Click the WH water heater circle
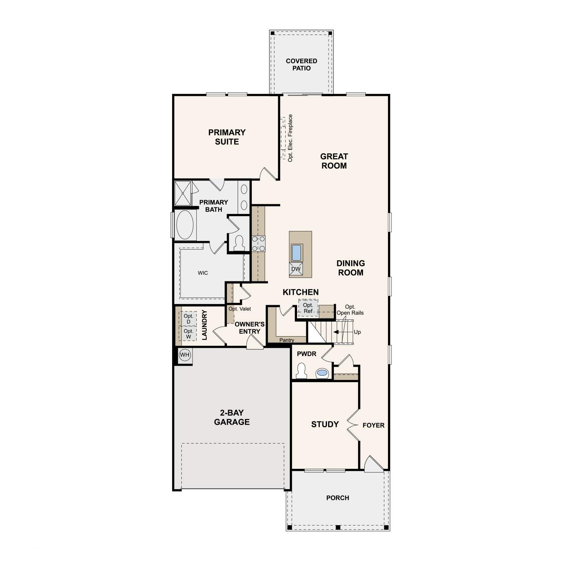[x=185, y=355]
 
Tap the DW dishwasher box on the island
[x=296, y=269]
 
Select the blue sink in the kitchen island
[x=296, y=253]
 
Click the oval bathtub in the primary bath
[x=185, y=225]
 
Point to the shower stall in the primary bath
[x=183, y=193]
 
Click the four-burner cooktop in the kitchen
[x=258, y=244]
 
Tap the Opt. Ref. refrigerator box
[x=308, y=308]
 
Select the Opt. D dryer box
[x=188, y=319]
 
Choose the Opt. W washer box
[x=188, y=333]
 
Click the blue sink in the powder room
[x=322, y=373]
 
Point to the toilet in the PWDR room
[x=301, y=371]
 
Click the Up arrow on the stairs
[x=343, y=332]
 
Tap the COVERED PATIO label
[x=302, y=64]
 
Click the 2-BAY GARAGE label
[x=232, y=417]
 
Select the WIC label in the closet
[x=203, y=273]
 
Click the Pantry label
[x=287, y=340]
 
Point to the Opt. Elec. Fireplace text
[x=290, y=138]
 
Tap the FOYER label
[x=373, y=425]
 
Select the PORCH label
[x=338, y=498]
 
